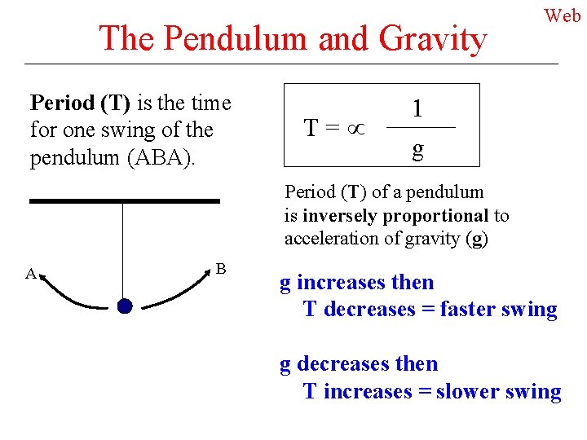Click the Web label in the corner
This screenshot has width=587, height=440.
(563, 15)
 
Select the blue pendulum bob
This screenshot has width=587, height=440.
(124, 306)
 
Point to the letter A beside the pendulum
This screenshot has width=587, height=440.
(30, 275)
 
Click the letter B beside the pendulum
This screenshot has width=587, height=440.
(220, 268)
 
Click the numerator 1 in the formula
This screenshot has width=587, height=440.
(417, 108)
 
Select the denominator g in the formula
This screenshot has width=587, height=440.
(417, 148)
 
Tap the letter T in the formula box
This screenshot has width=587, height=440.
(311, 128)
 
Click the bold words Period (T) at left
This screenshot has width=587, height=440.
(81, 103)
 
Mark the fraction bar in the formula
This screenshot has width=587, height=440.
(419, 129)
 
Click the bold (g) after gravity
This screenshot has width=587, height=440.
(478, 240)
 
